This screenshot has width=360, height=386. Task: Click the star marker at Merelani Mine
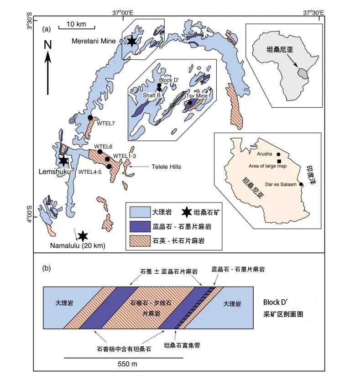(x=132, y=42)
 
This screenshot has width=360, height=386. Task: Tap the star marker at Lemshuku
(x=63, y=161)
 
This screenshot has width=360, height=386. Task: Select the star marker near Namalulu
(x=83, y=236)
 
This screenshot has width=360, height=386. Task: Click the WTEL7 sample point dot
(x=90, y=118)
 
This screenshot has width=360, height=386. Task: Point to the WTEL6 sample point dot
(x=100, y=151)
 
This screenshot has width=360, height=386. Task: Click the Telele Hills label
(x=166, y=167)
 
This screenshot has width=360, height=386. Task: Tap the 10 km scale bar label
(x=76, y=24)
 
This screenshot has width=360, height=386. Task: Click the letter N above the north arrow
(x=48, y=45)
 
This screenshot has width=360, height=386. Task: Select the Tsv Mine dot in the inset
(x=190, y=102)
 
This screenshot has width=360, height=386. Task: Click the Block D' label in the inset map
(x=169, y=80)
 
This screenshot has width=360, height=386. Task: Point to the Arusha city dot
(x=278, y=154)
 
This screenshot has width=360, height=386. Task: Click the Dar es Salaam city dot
(x=301, y=184)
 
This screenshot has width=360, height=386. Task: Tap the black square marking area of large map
(x=279, y=161)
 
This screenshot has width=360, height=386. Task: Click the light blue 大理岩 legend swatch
(x=140, y=212)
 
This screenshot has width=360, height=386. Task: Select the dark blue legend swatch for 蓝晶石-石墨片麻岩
(x=140, y=226)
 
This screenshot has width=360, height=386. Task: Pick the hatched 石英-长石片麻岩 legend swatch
(x=140, y=241)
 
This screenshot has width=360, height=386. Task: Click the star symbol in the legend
(x=187, y=212)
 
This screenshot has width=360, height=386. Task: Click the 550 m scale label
(x=127, y=364)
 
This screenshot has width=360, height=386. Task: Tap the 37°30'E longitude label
(x=313, y=12)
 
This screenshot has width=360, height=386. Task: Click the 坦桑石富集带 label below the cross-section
(x=182, y=345)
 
